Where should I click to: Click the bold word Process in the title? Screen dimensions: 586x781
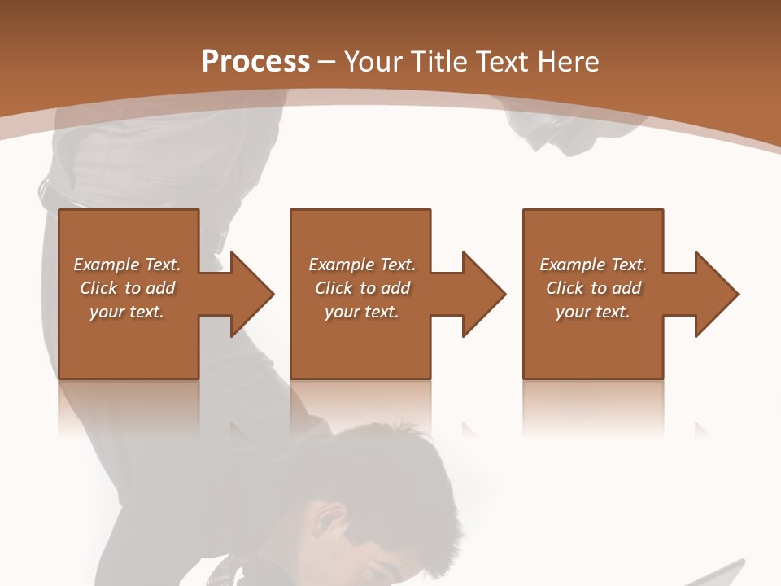point(255,62)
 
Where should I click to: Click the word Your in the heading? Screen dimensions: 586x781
point(375,62)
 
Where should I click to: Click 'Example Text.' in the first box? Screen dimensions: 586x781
point(127,265)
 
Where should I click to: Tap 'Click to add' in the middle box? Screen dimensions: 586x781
point(361,288)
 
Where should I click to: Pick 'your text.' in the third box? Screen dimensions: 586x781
point(592,312)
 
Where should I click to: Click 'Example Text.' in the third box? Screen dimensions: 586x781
point(592,265)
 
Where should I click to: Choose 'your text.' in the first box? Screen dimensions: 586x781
point(127,312)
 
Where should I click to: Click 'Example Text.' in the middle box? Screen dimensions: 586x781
point(361,265)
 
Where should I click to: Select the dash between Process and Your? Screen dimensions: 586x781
point(327,63)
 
